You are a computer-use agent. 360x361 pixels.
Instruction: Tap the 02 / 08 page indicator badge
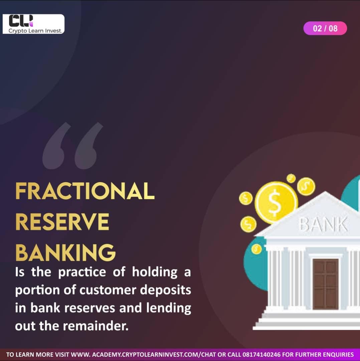325,28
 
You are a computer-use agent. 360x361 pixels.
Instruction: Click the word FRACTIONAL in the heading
85,191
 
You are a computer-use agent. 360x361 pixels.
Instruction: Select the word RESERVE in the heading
62,222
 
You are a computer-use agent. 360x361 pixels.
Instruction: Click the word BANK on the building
323,225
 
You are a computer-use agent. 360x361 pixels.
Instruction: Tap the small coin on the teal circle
256,249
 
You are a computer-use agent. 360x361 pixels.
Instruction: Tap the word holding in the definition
154,272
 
